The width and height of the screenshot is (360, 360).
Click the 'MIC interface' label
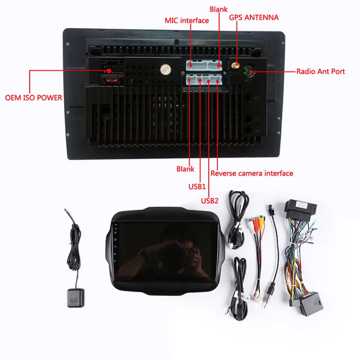pyautogui.click(x=187, y=20)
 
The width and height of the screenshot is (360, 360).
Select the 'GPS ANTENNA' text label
pyautogui.click(x=254, y=18)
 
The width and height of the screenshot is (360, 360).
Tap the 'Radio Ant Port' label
pyautogui.click(x=320, y=71)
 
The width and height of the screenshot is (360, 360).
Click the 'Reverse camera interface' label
pyautogui.click(x=252, y=173)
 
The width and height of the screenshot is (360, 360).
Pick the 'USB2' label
pyautogui.click(x=209, y=201)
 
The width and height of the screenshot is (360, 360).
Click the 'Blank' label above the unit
pyautogui.click(x=219, y=9)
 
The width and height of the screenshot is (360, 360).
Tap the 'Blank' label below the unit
pyautogui.click(x=185, y=169)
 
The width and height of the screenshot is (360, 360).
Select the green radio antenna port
pyautogui.click(x=249, y=71)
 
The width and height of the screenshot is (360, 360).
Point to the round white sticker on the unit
pyautogui.click(x=164, y=70)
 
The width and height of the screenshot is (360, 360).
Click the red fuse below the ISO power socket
pyautogui.click(x=108, y=81)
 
